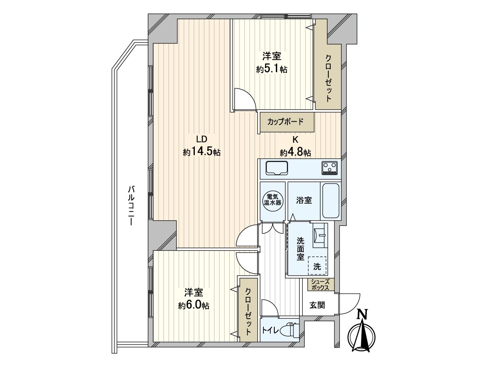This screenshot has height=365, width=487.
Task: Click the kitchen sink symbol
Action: [x=276, y=168]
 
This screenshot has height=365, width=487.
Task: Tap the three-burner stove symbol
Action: [x=330, y=168]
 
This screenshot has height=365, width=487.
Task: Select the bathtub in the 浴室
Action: [x=331, y=201]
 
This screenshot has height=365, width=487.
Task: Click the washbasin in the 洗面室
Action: [x=320, y=235]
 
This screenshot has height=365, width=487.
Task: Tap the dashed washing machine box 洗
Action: [x=317, y=265]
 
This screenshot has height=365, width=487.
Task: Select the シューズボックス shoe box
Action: [x=321, y=284]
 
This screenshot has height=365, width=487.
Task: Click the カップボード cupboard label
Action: [x=285, y=122]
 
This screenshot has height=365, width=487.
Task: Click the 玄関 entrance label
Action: [x=317, y=305]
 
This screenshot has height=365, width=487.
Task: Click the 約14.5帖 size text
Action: [x=202, y=152]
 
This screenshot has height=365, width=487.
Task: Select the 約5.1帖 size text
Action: [x=272, y=69]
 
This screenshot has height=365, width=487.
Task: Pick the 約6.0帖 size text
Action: [x=194, y=306]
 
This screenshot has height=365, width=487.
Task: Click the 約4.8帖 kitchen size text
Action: [x=295, y=152]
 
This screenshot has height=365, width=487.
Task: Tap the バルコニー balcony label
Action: [x=131, y=206]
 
